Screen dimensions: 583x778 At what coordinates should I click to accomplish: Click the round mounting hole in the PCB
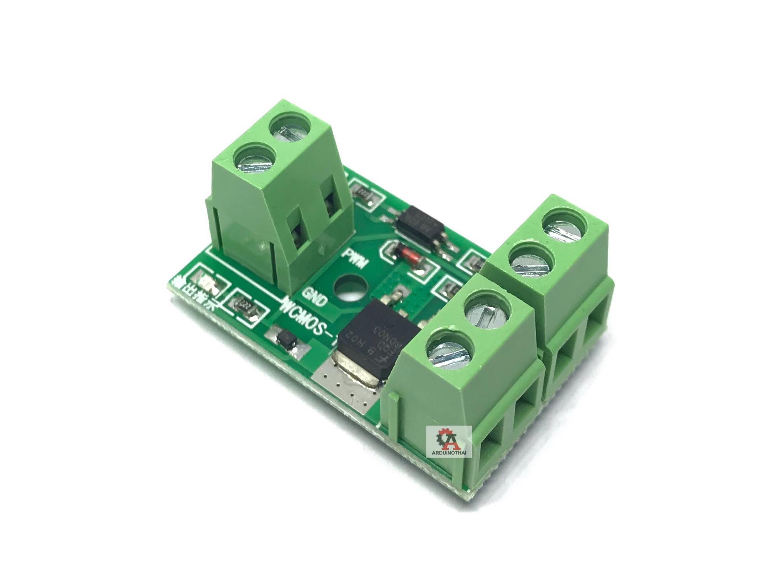348,290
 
